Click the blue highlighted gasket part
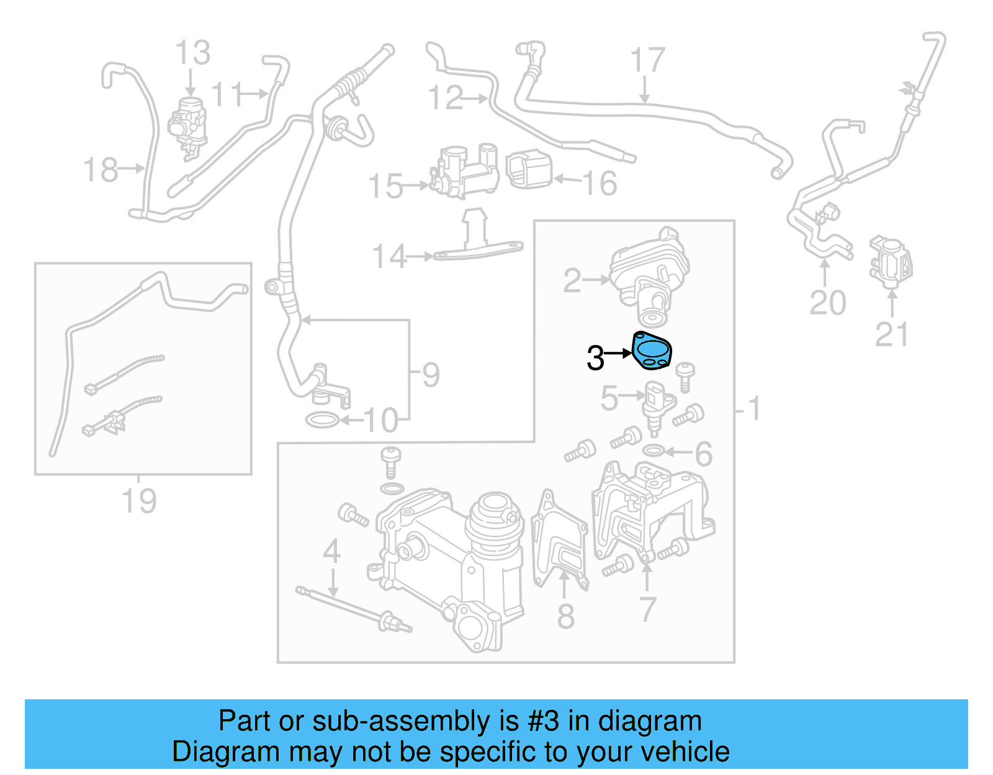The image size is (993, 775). tap(652, 352)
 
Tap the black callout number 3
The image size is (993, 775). tap(595, 358)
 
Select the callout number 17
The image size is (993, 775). tap(647, 60)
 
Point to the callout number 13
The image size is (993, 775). tap(192, 53)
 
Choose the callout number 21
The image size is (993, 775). tap(891, 334)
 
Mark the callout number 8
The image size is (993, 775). tap(565, 616)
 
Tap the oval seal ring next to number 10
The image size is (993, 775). tap(322, 420)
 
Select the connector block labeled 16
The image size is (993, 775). tap(529, 169)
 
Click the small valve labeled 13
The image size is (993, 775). tap(188, 124)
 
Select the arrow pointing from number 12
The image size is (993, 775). tap(475, 98)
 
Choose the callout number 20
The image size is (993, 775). tap(827, 303)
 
